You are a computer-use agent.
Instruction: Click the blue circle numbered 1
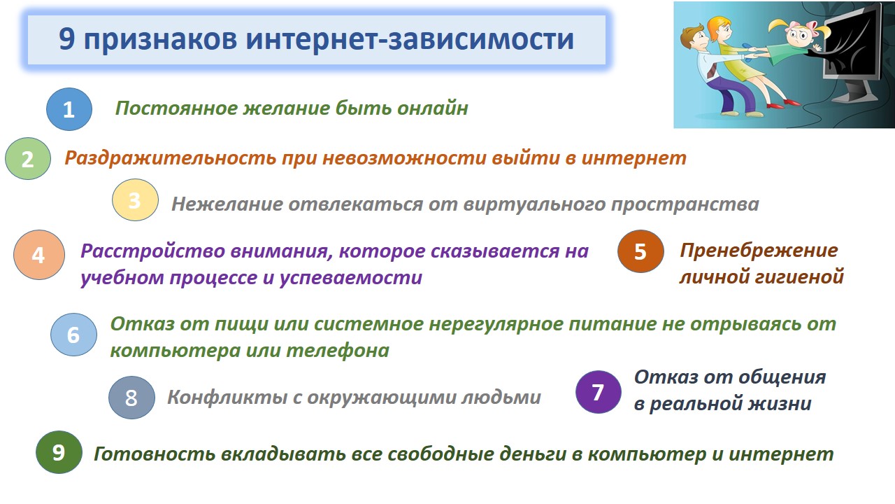(69, 109)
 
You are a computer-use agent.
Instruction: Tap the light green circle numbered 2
(28, 159)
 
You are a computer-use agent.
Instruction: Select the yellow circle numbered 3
(135, 200)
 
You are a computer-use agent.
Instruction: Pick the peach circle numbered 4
(39, 255)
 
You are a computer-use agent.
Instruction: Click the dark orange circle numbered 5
(640, 251)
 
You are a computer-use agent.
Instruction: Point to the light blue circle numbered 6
(74, 335)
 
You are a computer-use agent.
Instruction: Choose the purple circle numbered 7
(598, 392)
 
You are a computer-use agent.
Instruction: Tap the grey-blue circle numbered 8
(131, 398)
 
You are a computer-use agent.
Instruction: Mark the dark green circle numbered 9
(59, 452)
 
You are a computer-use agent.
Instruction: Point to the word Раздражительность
(170, 158)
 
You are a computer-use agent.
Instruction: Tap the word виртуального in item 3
(535, 204)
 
